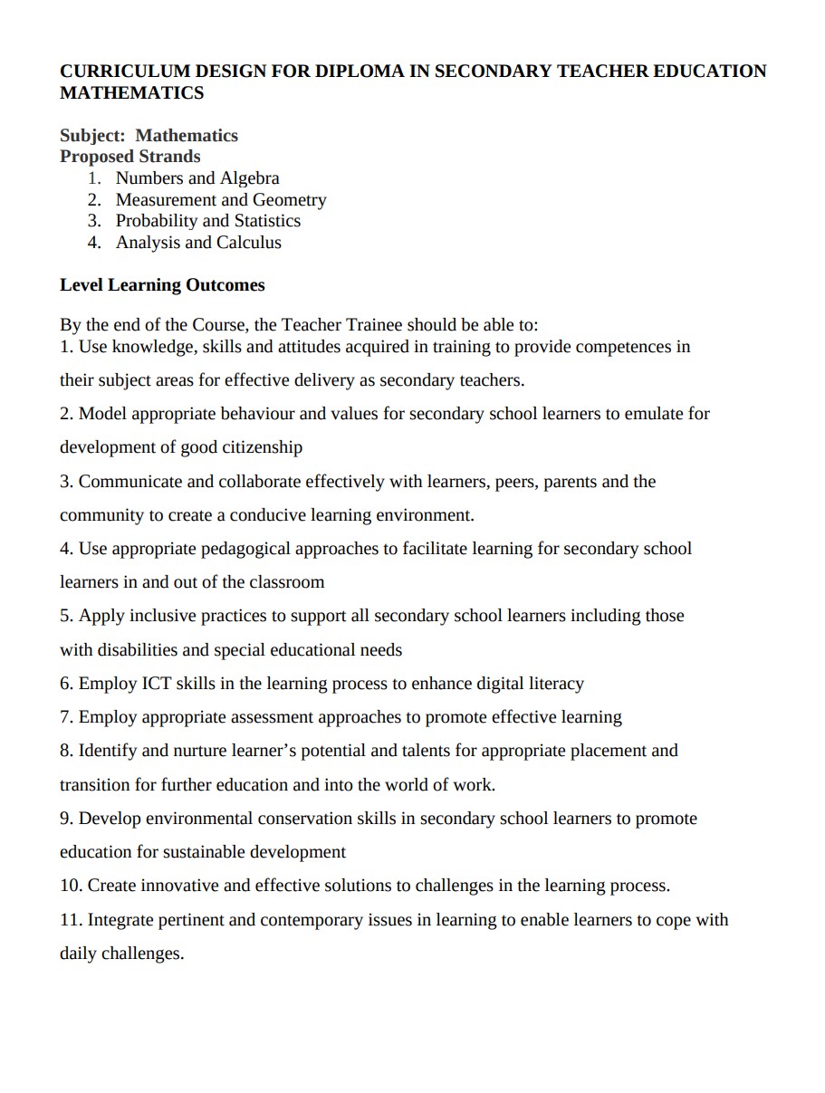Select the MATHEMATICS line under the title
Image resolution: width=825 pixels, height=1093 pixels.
[x=132, y=92]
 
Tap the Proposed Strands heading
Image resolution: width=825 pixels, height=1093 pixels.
[x=130, y=157]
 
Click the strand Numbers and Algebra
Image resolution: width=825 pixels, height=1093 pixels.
[x=197, y=178]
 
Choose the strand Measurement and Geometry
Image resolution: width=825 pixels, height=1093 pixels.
[x=221, y=200]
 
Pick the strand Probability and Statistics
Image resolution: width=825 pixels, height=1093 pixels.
[x=208, y=221]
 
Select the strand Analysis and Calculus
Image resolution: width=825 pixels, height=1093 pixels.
[x=198, y=243]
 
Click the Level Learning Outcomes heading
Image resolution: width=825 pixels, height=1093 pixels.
[x=162, y=285]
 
